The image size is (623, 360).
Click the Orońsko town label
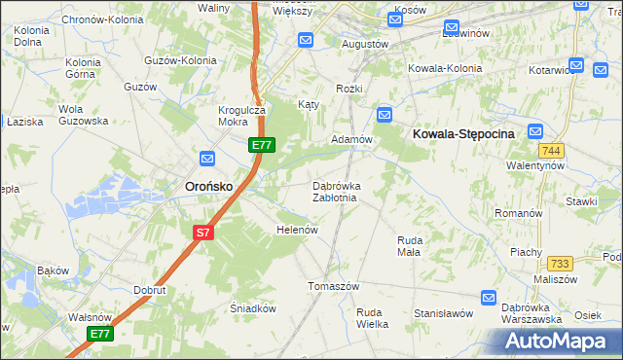point(208,185)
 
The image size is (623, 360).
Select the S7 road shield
point(202,233)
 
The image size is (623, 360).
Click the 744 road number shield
point(552,150)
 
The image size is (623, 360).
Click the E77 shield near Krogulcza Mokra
point(260,145)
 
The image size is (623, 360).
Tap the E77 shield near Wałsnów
point(100,333)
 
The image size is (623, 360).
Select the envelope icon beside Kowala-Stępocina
point(535,132)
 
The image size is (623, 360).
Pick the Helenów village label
point(298,231)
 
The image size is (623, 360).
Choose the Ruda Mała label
point(409,245)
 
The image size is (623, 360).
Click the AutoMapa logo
point(558,342)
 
